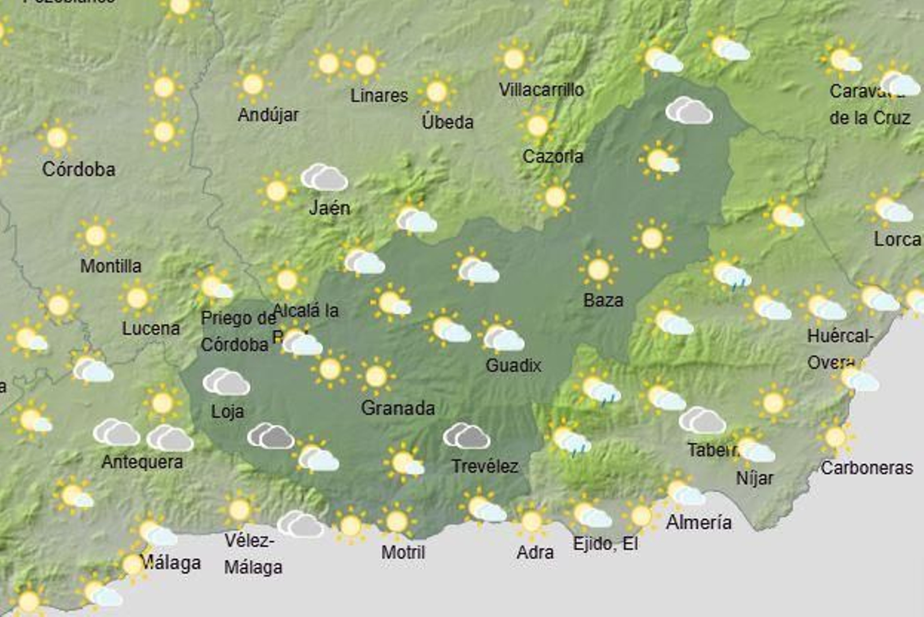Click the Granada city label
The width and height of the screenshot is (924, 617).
pyautogui.click(x=397, y=408)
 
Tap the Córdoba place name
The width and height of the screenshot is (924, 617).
pyautogui.click(x=79, y=169)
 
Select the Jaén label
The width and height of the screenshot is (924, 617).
pyautogui.click(x=329, y=207)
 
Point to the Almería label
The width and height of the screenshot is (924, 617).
pyautogui.click(x=699, y=522)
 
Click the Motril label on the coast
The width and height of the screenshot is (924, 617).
pyautogui.click(x=403, y=552)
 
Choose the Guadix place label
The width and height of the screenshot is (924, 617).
pyautogui.click(x=513, y=365)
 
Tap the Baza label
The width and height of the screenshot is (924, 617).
pyautogui.click(x=603, y=300)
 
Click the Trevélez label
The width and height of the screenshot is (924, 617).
pyautogui.click(x=485, y=466)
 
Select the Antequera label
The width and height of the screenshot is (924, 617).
pyautogui.click(x=142, y=462)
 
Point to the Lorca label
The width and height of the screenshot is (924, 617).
pyautogui.click(x=897, y=239)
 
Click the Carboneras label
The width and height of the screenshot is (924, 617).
pyautogui.click(x=866, y=467)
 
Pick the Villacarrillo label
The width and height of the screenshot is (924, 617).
pyautogui.click(x=541, y=90)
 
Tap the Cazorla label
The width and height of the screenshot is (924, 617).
pyautogui.click(x=553, y=156)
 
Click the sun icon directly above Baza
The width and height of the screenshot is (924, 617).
pyautogui.click(x=598, y=269)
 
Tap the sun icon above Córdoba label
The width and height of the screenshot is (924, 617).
pyautogui.click(x=57, y=138)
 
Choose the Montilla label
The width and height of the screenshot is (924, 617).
pyautogui.click(x=110, y=266)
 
